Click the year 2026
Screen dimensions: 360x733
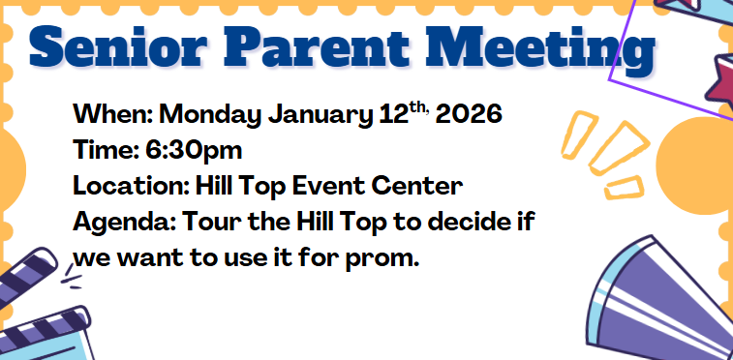[469, 115]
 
